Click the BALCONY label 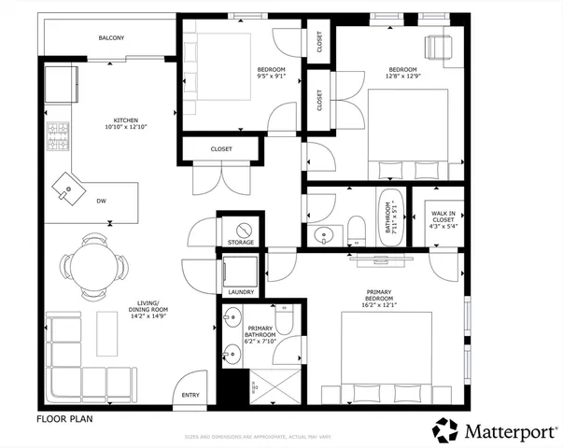pos(111,38)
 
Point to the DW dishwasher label pos(101,201)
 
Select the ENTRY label pos(190,396)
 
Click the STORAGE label pos(241,244)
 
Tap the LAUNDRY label pos(241,292)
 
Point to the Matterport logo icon pos(444,430)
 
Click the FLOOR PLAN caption pos(63,419)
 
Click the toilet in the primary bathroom pos(287,320)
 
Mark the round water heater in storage pos(241,229)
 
